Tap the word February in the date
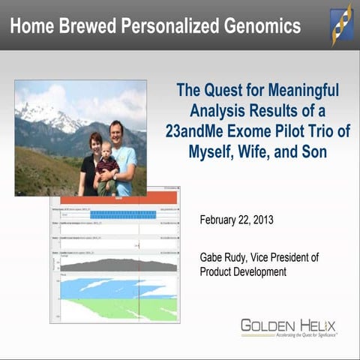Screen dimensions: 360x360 point(222,220)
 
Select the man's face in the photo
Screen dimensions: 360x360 point(118,130)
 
